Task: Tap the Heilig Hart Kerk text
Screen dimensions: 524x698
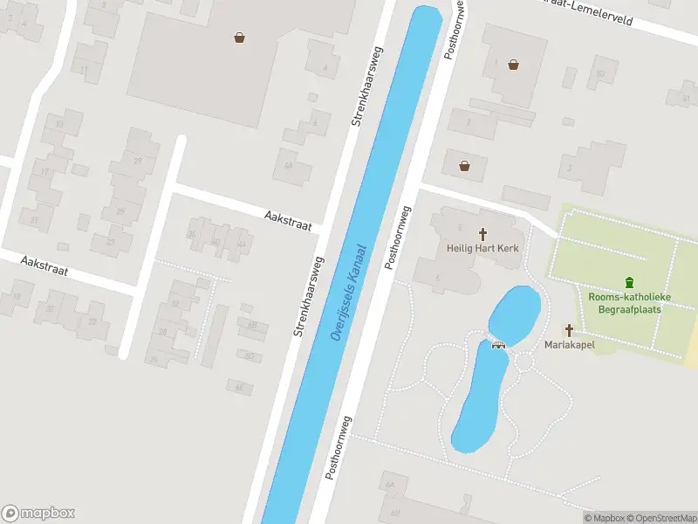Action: pyautogui.click(x=482, y=249)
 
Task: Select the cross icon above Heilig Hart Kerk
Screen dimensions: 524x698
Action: pyautogui.click(x=482, y=234)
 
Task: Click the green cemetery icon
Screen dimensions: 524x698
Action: pyautogui.click(x=629, y=282)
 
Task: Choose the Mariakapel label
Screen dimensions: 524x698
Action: pyautogui.click(x=569, y=345)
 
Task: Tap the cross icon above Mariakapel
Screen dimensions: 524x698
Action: pyautogui.click(x=569, y=330)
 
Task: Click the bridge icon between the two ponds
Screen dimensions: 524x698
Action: pyautogui.click(x=499, y=343)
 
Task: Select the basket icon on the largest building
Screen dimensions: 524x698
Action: pyautogui.click(x=239, y=37)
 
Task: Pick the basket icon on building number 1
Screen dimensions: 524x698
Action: pyautogui.click(x=514, y=64)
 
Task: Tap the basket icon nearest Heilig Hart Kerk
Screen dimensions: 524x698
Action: pyautogui.click(x=463, y=165)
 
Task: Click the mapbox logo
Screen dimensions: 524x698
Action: pyautogui.click(x=38, y=514)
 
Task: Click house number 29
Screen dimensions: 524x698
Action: pyautogui.click(x=138, y=162)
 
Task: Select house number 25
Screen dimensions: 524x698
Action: pyautogui.click(x=120, y=211)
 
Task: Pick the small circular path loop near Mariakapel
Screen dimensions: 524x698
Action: pyautogui.click(x=525, y=361)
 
